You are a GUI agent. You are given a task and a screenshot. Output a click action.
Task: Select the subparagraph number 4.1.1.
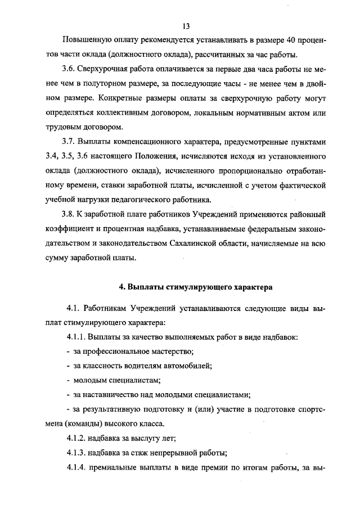[x=76, y=337]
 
